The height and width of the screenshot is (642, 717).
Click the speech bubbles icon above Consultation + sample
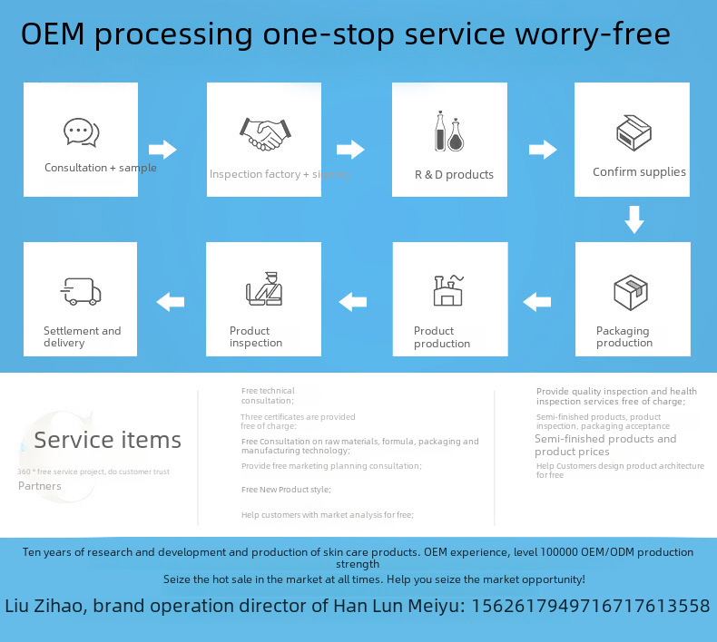point(81,132)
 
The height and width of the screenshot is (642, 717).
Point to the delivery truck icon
point(81,291)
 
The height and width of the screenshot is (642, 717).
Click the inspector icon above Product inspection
point(263,288)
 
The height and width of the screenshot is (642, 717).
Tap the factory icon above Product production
point(448,289)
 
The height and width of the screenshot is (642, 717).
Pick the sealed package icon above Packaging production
point(631,291)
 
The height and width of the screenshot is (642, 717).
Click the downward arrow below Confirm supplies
point(634,219)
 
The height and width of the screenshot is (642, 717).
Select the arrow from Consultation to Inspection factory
point(162,149)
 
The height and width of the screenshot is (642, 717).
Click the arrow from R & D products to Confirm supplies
point(543,149)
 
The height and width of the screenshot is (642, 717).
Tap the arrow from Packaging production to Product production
point(537,301)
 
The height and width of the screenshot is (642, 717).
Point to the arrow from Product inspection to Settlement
point(171,302)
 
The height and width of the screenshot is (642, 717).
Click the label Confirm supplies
point(639,172)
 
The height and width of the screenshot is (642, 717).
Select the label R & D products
point(454,174)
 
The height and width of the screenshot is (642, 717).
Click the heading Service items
point(107,441)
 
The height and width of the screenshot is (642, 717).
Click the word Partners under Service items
point(40,486)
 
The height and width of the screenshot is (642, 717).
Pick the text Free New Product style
point(286,489)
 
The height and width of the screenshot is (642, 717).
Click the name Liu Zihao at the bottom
point(44,606)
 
